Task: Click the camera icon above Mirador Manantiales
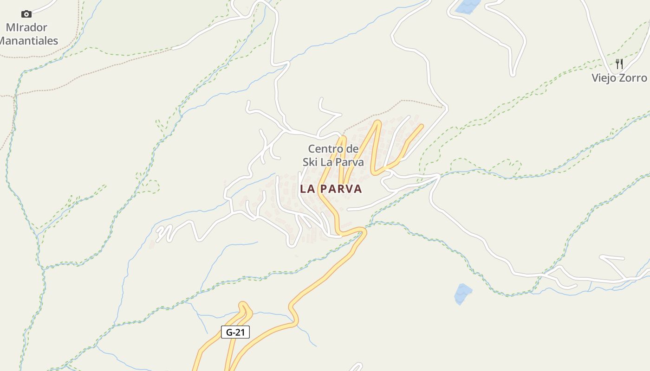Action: pyautogui.click(x=26, y=14)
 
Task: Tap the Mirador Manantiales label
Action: pyautogui.click(x=28, y=34)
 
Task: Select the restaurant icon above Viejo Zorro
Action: pyautogui.click(x=619, y=64)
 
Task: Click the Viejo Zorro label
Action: pyautogui.click(x=619, y=77)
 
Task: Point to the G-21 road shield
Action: pyautogui.click(x=235, y=332)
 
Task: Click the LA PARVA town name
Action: pyautogui.click(x=331, y=189)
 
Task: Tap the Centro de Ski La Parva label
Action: pyautogui.click(x=333, y=155)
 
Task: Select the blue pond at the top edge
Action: pyautogui.click(x=468, y=6)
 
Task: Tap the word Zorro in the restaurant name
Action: pyautogui.click(x=634, y=77)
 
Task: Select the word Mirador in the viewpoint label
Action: pyautogui.click(x=26, y=27)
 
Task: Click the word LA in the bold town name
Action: pyautogui.click(x=308, y=189)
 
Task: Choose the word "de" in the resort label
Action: pyautogui.click(x=352, y=149)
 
